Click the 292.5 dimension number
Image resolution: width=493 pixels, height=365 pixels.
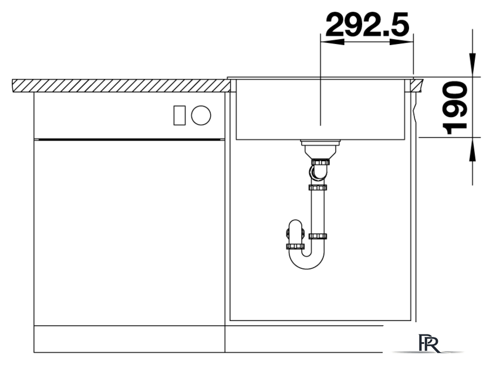coord(367,25)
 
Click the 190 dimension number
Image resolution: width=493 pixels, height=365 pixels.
coord(455,107)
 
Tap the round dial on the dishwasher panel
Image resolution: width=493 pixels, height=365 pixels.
coord(201,115)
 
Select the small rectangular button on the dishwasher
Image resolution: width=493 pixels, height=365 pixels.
coord(180,115)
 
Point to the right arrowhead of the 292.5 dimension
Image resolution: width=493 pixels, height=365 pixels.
coord(401,42)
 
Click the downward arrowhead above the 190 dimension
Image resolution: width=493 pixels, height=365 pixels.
coord(472,64)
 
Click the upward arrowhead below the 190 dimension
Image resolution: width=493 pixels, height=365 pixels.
coord(472,149)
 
